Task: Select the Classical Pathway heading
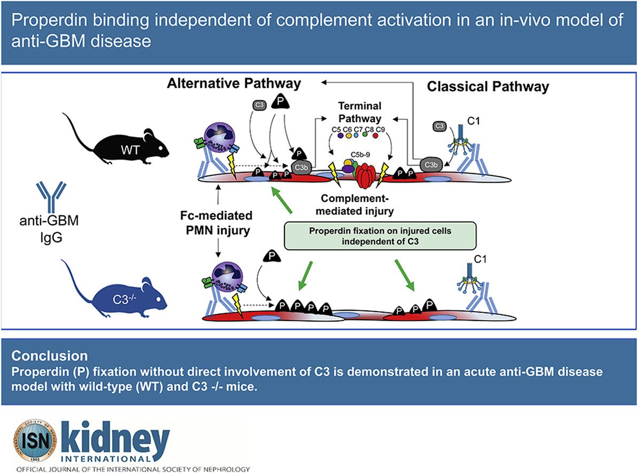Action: coord(488,86)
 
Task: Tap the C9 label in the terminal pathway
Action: coord(380,129)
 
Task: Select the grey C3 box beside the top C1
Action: coord(439,126)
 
